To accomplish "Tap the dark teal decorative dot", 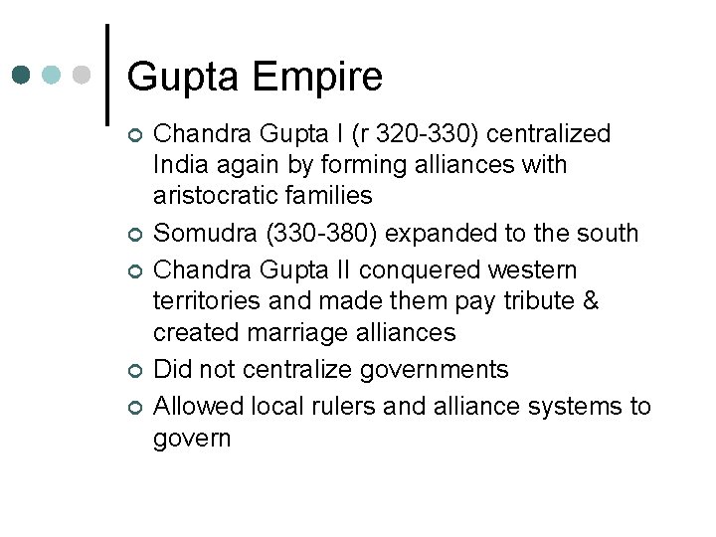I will pyautogui.click(x=22, y=75).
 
